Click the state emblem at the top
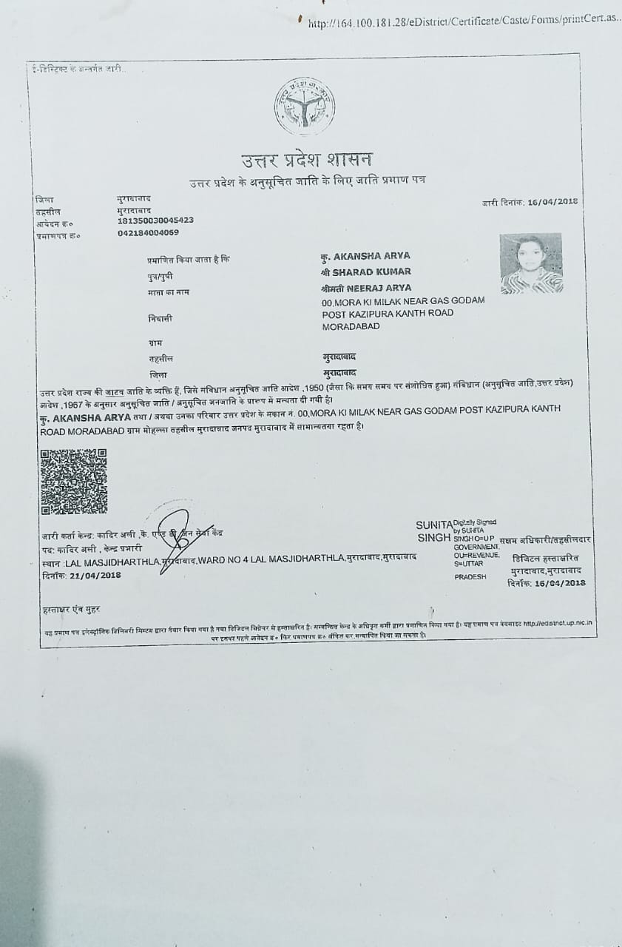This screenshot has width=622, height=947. [x=304, y=107]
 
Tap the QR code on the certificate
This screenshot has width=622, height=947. [x=74, y=481]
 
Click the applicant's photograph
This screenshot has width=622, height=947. [x=531, y=263]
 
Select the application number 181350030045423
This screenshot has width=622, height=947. [x=155, y=220]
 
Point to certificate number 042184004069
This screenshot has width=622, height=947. [x=148, y=232]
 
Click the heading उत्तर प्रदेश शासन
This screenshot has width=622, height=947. [x=307, y=160]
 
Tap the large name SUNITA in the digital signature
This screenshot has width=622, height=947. [x=433, y=525]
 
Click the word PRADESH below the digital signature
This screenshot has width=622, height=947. [x=470, y=576]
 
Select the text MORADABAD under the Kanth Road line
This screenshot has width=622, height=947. [x=351, y=326]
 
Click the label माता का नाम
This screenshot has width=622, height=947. [x=169, y=292]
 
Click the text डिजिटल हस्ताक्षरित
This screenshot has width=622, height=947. [x=545, y=558]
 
